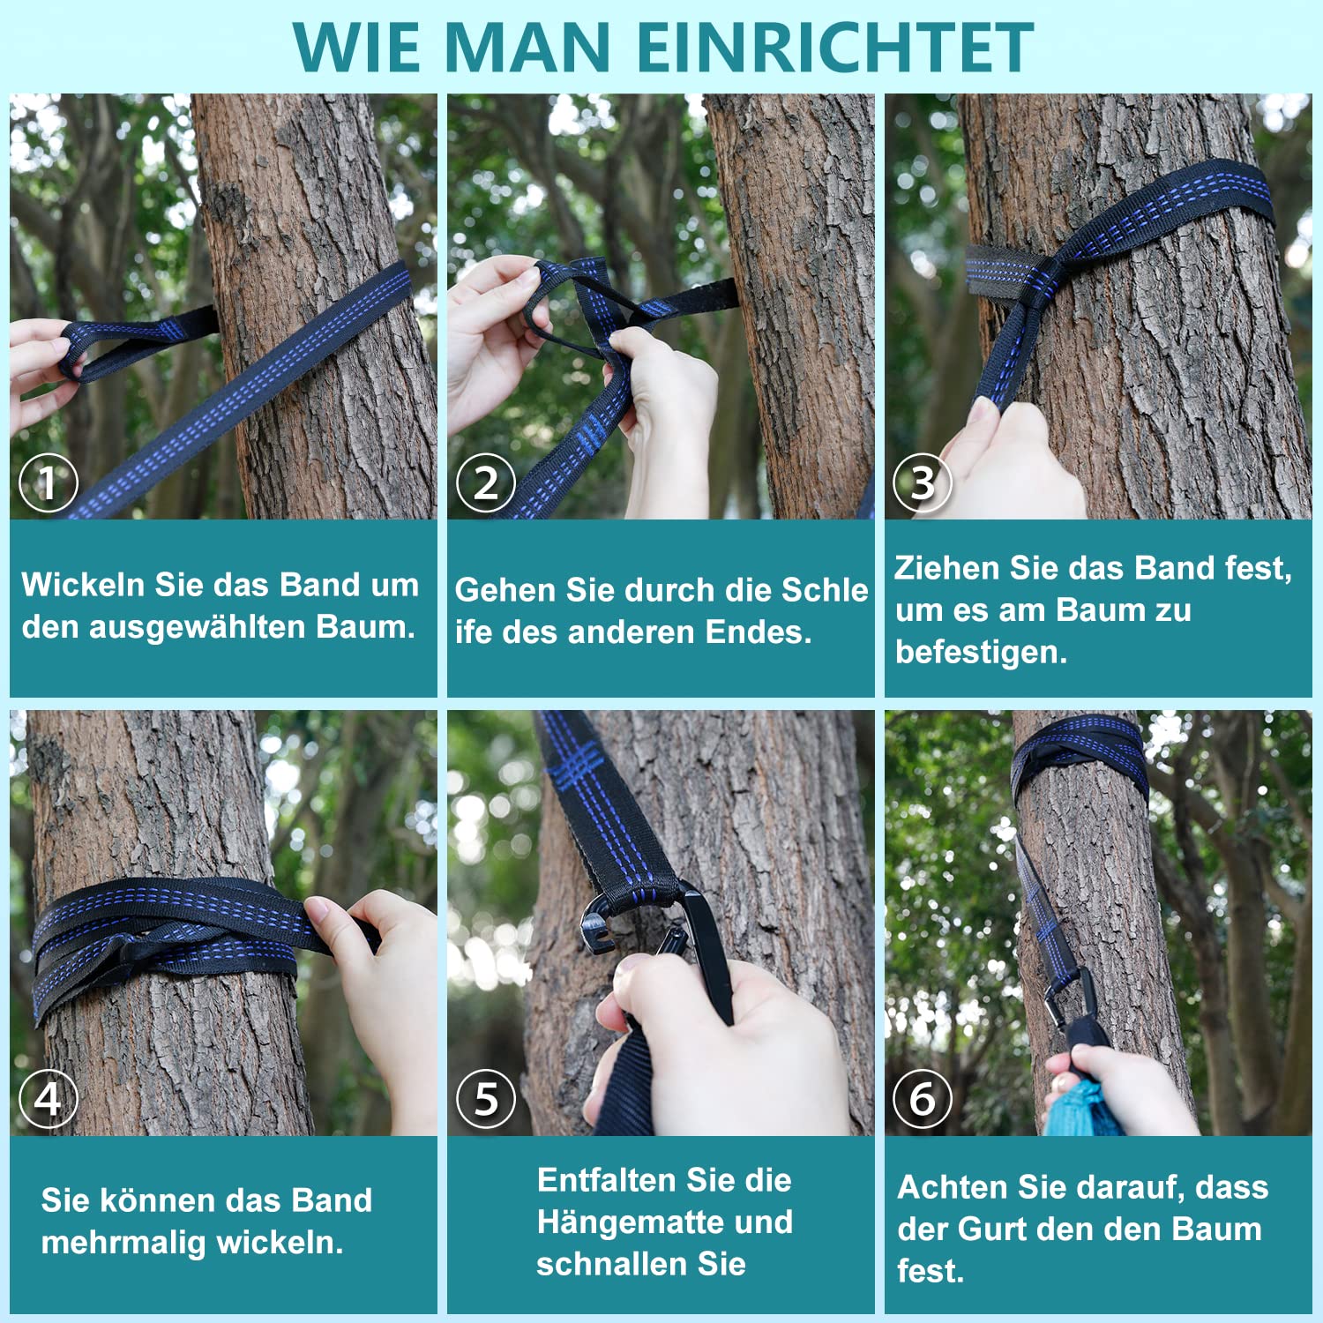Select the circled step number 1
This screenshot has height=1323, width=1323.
click(x=49, y=482)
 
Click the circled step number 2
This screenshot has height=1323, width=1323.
click(x=486, y=482)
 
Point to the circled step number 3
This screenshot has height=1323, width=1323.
click(x=923, y=482)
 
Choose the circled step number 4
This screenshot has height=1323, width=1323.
click(x=49, y=1099)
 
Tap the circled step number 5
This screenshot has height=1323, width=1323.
click(x=486, y=1099)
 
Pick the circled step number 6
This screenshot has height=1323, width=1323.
click(x=923, y=1099)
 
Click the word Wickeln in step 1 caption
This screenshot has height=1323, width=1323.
click(x=84, y=585)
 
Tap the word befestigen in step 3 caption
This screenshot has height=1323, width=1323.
click(x=981, y=653)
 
